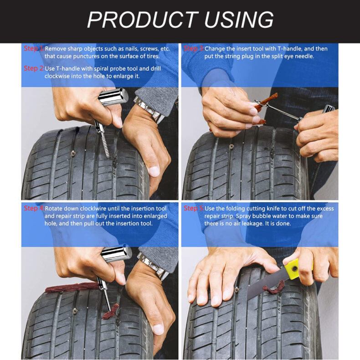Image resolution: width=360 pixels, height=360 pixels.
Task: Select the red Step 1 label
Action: point(33,48)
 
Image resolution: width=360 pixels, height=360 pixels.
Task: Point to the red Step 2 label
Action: point(33,68)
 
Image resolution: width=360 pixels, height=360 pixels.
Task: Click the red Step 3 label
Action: point(193,48)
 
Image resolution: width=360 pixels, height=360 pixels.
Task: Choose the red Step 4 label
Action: point(33,208)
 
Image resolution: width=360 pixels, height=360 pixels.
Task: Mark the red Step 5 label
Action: point(193,208)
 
